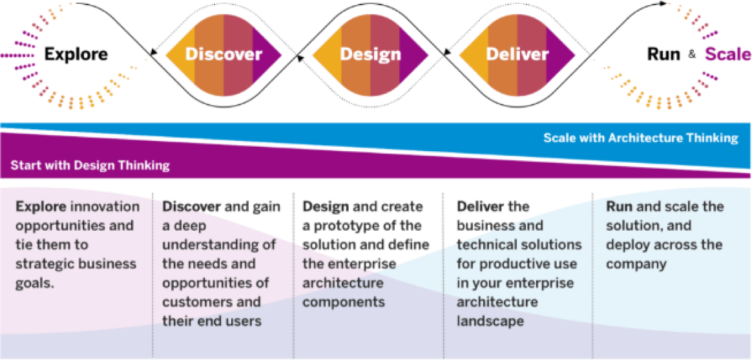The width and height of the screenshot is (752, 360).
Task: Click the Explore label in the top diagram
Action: (76, 55)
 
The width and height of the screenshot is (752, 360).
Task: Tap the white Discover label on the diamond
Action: (224, 55)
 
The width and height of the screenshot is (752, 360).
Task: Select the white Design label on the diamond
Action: (370, 55)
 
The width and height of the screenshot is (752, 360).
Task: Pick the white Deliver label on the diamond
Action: (517, 55)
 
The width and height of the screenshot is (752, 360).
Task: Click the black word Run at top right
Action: (664, 55)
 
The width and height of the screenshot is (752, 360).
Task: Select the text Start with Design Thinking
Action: (90, 166)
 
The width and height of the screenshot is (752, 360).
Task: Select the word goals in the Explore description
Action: (35, 283)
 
